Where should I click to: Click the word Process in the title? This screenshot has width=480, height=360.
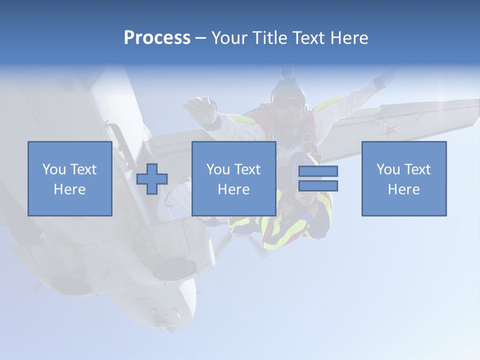click(x=157, y=38)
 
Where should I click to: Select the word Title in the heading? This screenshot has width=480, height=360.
click(x=269, y=38)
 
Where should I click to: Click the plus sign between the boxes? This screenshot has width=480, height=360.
click(x=152, y=179)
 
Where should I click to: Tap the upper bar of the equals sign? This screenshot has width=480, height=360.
click(x=318, y=171)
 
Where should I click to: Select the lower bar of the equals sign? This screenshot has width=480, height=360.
click(x=318, y=185)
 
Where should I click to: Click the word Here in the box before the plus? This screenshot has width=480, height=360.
click(x=69, y=189)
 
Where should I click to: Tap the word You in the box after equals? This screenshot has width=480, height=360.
click(x=388, y=169)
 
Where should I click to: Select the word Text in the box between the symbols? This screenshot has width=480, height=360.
click(x=247, y=169)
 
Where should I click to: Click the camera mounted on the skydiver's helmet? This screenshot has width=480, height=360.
click(x=286, y=74)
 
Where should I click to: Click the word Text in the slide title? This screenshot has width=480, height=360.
click(x=308, y=38)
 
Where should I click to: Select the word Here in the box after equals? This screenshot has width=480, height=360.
click(x=403, y=189)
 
